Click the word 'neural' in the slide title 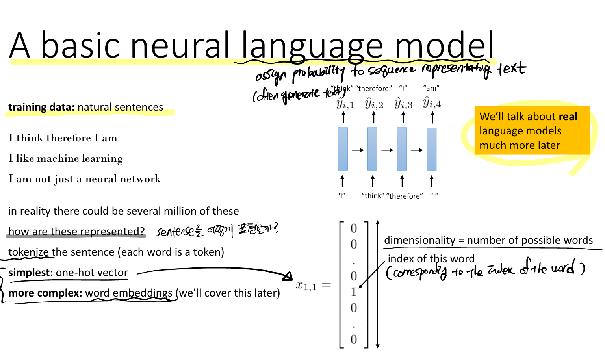[179, 45]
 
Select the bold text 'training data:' [41, 107]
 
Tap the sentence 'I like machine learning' [66, 158]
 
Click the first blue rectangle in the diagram [343, 149]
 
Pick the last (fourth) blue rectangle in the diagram [431, 149]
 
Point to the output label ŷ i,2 [374, 104]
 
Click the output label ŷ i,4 [432, 103]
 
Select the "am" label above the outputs [431, 88]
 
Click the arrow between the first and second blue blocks [358, 150]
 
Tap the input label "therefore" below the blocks [405, 196]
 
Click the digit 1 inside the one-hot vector [354, 292]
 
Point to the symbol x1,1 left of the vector [306, 286]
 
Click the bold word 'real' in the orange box [568, 117]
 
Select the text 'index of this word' [431, 259]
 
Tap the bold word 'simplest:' [30, 273]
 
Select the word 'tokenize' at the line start [28, 252]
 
